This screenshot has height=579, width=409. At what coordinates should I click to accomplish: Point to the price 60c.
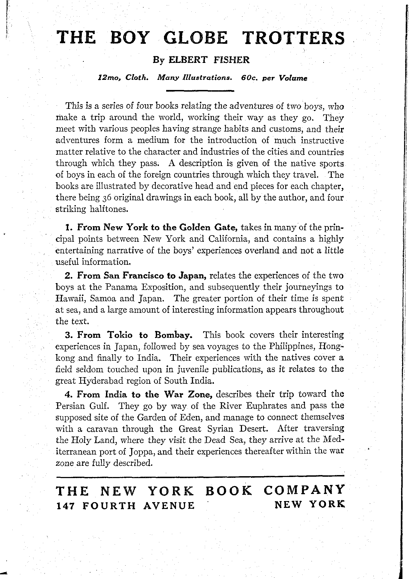tap(249, 78)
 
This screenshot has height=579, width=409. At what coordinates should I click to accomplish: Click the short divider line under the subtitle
tap(200, 91)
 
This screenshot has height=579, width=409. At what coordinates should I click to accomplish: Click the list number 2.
tap(69, 275)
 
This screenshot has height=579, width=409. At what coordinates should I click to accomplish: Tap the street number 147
tap(65, 505)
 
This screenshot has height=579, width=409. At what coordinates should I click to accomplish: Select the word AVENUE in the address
tap(169, 505)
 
